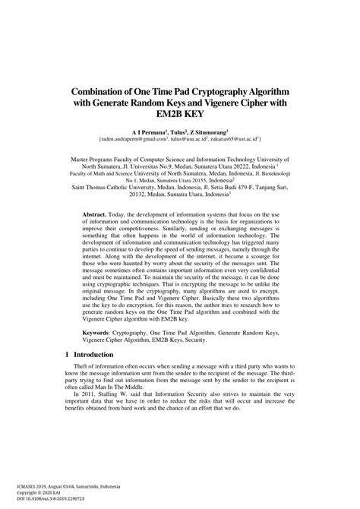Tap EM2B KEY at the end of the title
[180, 115]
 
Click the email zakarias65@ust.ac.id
[234, 140]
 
